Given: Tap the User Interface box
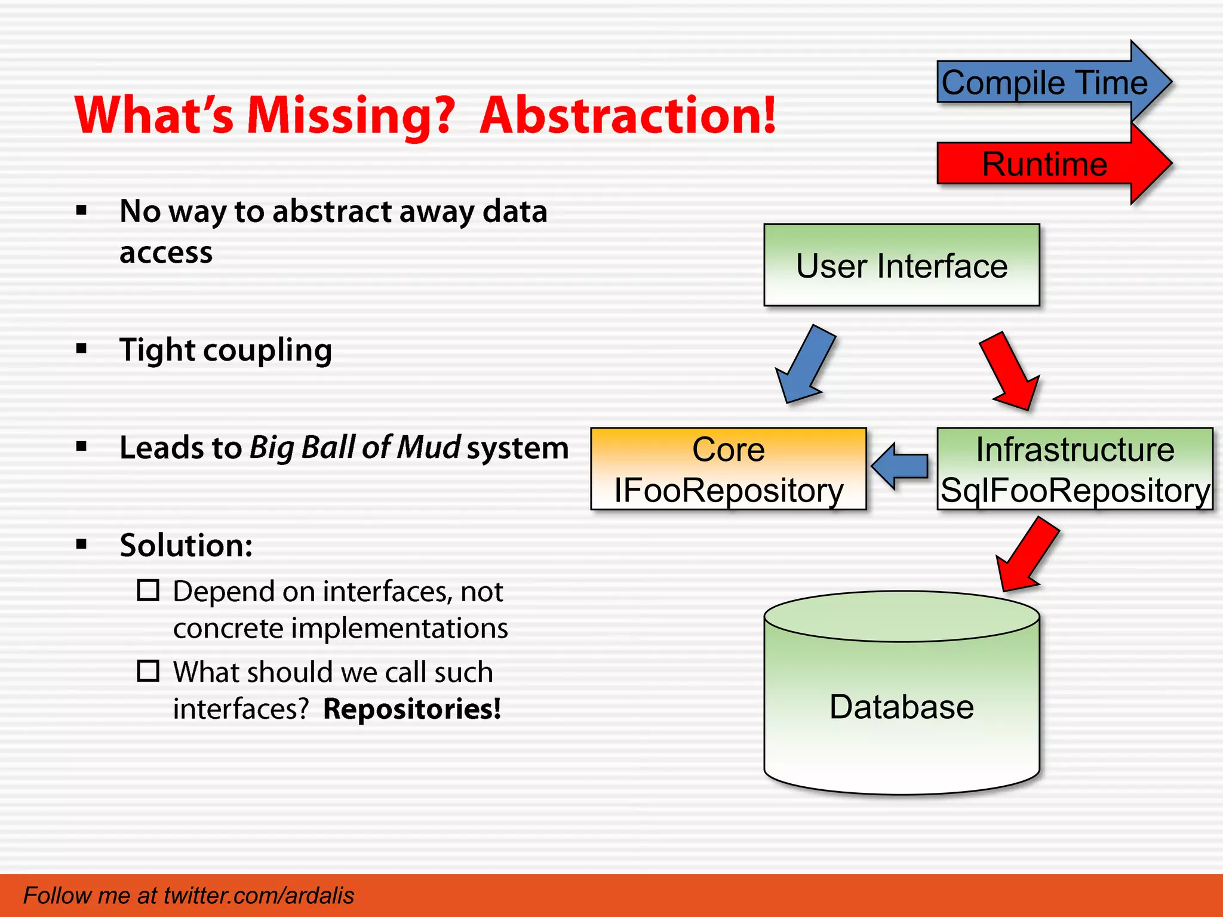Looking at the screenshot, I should [x=902, y=266].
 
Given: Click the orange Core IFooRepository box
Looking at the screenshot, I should [x=728, y=469].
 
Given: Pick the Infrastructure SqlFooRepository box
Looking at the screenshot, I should [x=1075, y=469].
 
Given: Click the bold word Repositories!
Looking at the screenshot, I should [x=412, y=709].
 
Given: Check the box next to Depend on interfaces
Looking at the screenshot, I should [x=148, y=590].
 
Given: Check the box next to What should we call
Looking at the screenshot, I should [x=148, y=671].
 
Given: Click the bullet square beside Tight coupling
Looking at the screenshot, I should [x=82, y=349].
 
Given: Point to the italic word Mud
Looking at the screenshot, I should [x=429, y=448].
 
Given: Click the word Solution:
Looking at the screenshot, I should [x=186, y=545].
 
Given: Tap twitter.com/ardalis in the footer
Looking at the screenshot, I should [x=259, y=896].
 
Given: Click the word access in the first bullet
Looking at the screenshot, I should [x=166, y=253].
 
